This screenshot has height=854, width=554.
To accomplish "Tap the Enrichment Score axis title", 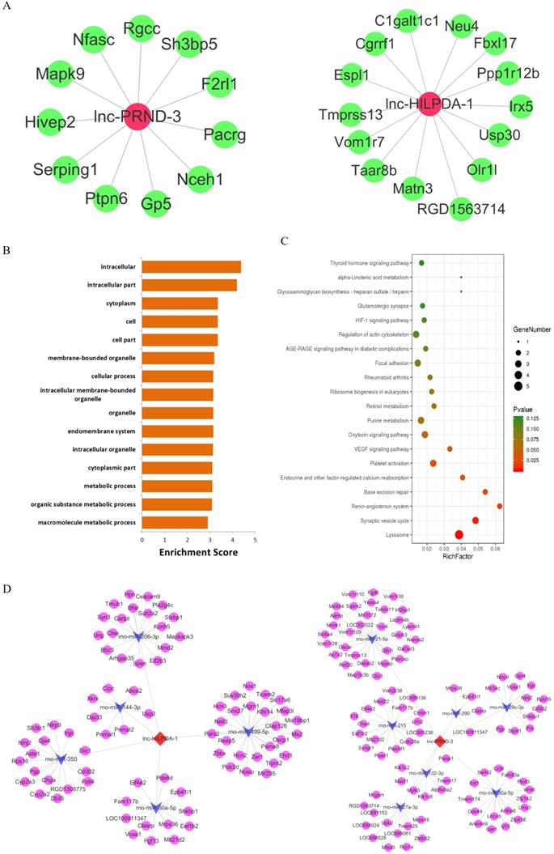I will tap(197, 552).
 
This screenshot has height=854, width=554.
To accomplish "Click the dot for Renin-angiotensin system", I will tap(500, 506).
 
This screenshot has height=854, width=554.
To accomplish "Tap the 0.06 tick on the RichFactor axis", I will tap(495, 547).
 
